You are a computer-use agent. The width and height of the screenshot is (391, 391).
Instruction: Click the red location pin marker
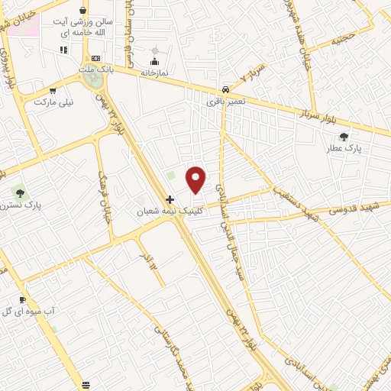(196, 179)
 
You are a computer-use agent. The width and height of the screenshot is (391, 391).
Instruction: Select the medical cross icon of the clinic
(170, 199)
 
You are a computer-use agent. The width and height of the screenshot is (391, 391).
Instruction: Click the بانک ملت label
(96, 69)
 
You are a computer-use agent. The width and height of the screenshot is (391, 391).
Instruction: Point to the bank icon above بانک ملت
(95, 58)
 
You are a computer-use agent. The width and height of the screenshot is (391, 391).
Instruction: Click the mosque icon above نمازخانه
(155, 61)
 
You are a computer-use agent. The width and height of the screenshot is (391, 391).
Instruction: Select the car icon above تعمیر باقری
(225, 89)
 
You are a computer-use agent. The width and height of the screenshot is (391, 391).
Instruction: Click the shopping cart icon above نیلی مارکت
(52, 90)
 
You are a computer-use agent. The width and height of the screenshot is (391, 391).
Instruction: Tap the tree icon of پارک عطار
(344, 137)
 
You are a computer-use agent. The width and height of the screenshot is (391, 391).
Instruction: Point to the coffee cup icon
(22, 299)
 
